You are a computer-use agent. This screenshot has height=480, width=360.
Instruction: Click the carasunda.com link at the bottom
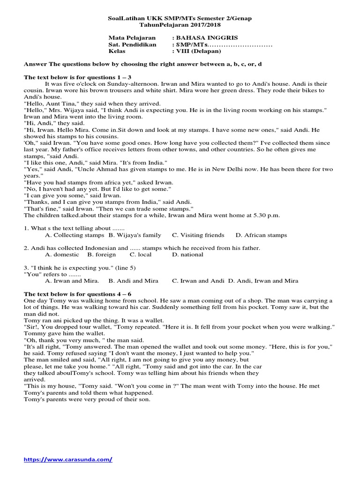[68, 460]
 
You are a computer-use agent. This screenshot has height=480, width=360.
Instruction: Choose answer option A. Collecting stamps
[75, 235]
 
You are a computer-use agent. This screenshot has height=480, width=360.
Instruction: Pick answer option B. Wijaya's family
[135, 235]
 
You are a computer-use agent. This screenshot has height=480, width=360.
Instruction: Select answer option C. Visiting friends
[198, 235]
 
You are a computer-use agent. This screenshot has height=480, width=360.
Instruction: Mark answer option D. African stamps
[261, 235]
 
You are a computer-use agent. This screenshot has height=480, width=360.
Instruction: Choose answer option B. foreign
[101, 255]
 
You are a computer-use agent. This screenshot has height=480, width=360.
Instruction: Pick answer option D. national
[187, 255]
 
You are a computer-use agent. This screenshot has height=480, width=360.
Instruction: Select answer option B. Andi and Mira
[133, 281]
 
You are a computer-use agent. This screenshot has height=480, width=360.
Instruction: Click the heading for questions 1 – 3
[77, 76]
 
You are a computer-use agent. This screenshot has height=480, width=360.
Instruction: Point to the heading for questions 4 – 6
[77, 294]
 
